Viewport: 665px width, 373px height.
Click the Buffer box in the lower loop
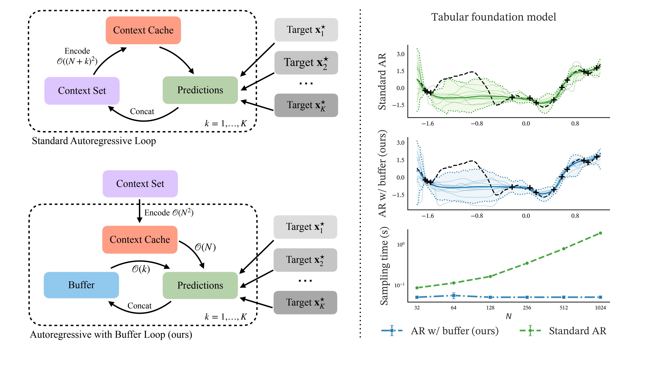point(81,285)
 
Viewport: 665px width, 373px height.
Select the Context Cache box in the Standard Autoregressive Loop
point(143,30)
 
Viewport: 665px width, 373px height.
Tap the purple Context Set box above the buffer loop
point(140,184)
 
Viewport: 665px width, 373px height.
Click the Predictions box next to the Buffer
point(200,285)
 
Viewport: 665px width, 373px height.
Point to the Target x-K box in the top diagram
point(306,105)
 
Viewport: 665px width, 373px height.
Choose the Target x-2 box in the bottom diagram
point(305,260)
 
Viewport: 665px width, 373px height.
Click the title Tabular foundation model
point(494,17)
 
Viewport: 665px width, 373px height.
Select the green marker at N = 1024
point(600,233)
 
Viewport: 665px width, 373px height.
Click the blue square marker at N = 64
point(454,296)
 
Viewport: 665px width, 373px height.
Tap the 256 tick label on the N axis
point(527,308)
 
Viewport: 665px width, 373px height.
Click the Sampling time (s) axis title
point(384,266)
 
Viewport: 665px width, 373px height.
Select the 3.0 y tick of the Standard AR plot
point(400,54)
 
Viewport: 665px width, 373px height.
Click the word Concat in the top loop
point(142,112)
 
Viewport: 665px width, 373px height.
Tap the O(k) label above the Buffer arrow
point(141,269)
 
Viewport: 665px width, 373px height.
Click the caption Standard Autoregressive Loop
point(94,141)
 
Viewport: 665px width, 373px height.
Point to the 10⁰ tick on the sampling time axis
point(401,245)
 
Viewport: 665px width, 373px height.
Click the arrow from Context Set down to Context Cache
point(139,211)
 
